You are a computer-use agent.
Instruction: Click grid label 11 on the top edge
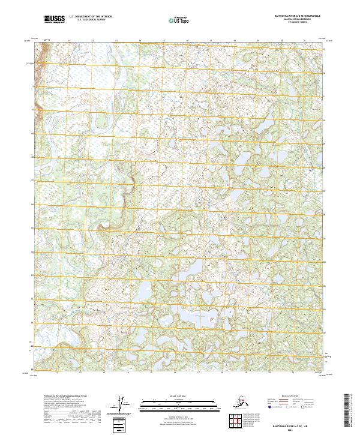click(69, 40)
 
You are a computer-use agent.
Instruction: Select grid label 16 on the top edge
click(187, 40)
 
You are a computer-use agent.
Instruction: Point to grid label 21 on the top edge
click(305, 40)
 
